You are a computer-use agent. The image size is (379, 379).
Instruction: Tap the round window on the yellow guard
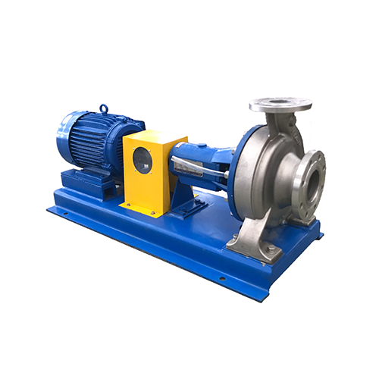coord(142,160)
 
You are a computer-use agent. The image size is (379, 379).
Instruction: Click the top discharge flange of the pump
coord(280,104)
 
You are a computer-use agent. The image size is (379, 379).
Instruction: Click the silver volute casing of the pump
coord(262,182)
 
